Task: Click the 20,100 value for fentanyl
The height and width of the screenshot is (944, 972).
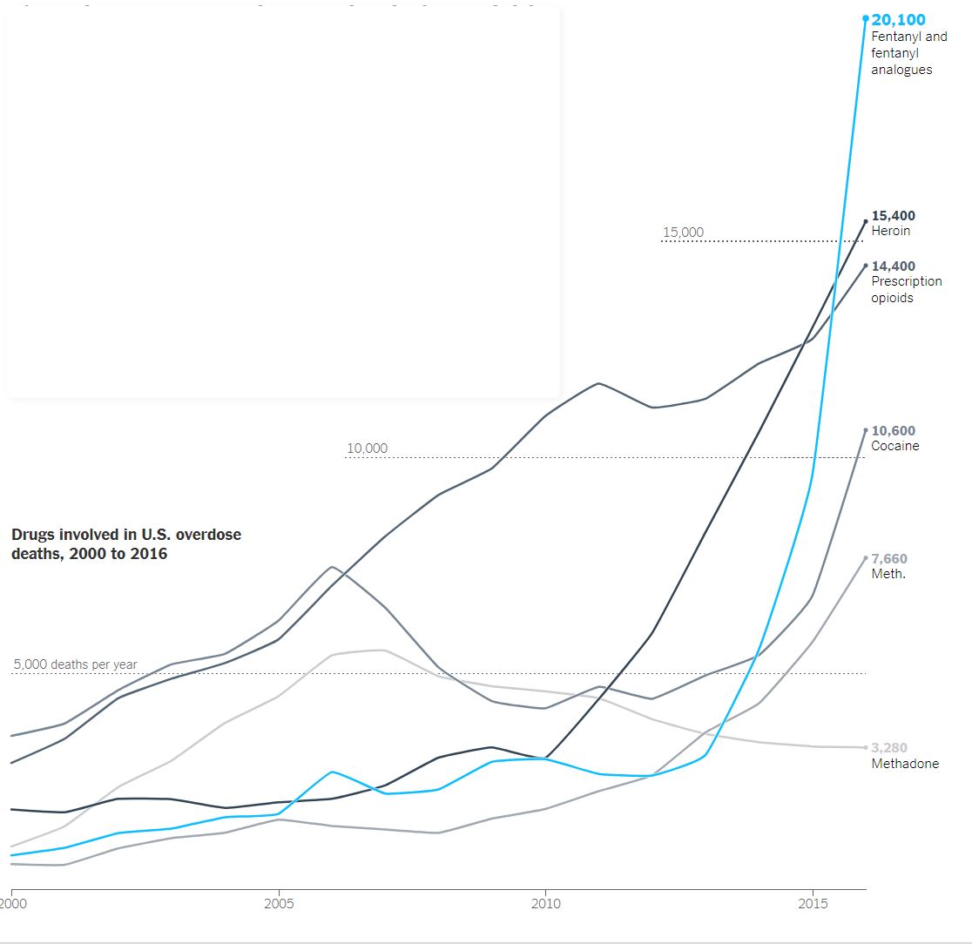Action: pyautogui.click(x=899, y=20)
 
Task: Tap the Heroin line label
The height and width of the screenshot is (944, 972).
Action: pyautogui.click(x=890, y=231)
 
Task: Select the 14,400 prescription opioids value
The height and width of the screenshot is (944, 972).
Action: pyautogui.click(x=893, y=266)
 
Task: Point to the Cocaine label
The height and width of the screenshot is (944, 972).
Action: pyautogui.click(x=894, y=446)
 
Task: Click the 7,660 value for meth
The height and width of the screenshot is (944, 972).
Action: pyautogui.click(x=889, y=559)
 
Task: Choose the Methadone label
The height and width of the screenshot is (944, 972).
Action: pyautogui.click(x=905, y=764)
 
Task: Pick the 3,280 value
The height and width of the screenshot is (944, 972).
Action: pyautogui.click(x=889, y=748)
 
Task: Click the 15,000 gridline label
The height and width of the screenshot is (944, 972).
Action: pyautogui.click(x=683, y=233)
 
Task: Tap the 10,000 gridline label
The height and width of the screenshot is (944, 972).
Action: pyautogui.click(x=367, y=448)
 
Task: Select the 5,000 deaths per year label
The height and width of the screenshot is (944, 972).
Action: pyautogui.click(x=75, y=664)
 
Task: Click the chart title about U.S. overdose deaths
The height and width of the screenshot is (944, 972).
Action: pyautogui.click(x=125, y=543)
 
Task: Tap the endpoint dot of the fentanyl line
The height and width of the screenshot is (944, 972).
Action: pyautogui.click(x=866, y=18)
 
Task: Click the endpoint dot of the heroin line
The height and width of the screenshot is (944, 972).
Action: pyautogui.click(x=866, y=221)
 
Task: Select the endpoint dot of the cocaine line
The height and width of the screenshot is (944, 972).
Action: pyautogui.click(x=866, y=430)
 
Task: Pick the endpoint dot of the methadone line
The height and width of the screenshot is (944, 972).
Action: pyautogui.click(x=866, y=747)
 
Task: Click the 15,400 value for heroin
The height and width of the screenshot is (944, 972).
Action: pyautogui.click(x=893, y=216)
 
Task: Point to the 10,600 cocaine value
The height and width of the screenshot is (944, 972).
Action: pyautogui.click(x=893, y=431)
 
